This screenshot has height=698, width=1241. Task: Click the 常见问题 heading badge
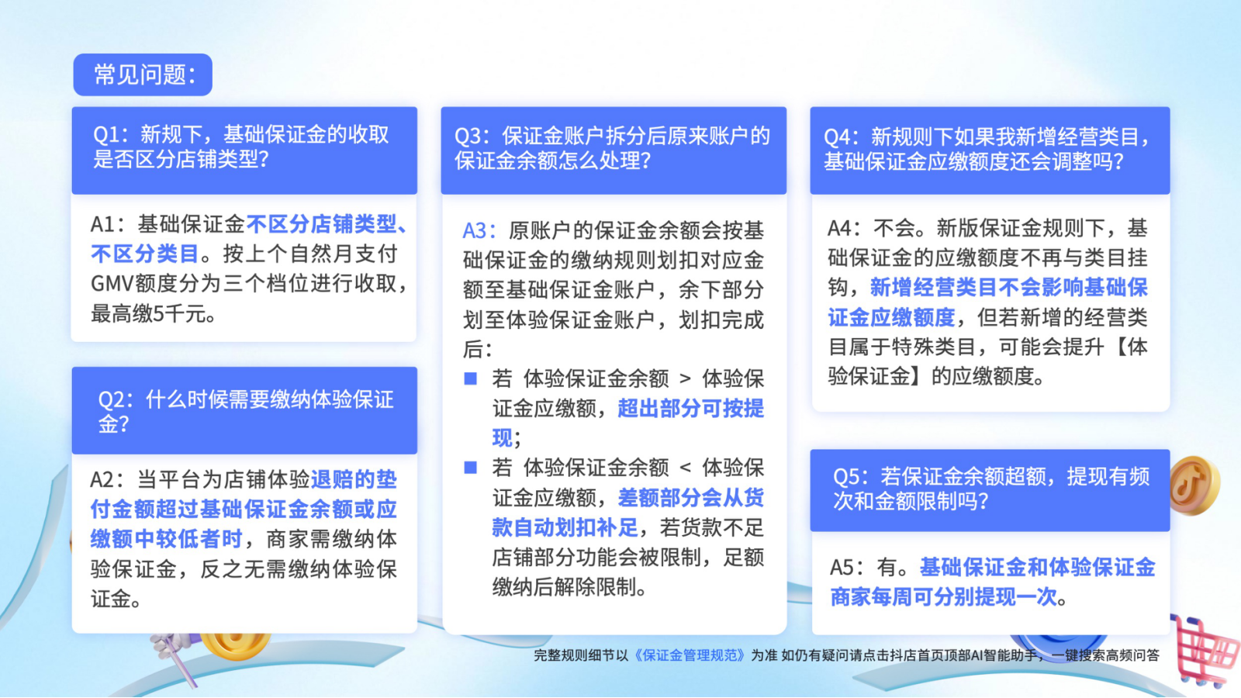click(x=143, y=74)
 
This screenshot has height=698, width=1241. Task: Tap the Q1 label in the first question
click(x=106, y=135)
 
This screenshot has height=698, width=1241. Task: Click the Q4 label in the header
click(x=838, y=136)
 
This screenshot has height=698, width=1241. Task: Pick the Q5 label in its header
click(x=846, y=476)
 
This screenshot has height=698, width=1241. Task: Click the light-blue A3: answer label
click(x=479, y=230)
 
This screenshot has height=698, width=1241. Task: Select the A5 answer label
click(x=842, y=567)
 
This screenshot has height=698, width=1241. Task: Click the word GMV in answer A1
click(x=112, y=284)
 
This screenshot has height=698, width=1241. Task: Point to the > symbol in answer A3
click(x=686, y=379)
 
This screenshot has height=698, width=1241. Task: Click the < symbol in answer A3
click(x=686, y=468)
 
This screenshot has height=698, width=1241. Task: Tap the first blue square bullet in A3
click(x=470, y=378)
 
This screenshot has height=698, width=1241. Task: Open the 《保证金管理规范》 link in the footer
click(x=690, y=655)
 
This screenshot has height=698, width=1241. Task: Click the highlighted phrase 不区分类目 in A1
click(x=144, y=254)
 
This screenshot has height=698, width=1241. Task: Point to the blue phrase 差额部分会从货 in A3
click(x=691, y=497)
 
